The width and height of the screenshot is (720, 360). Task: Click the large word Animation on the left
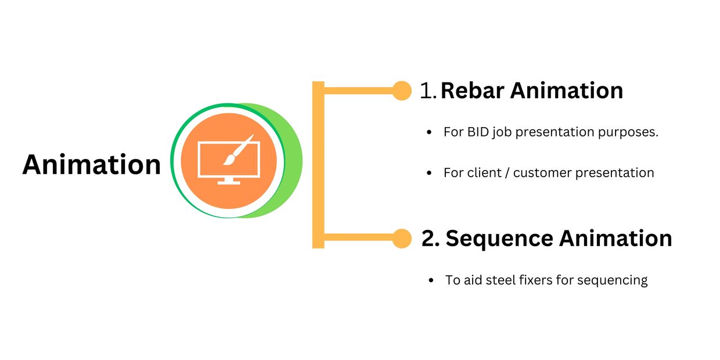point(92,164)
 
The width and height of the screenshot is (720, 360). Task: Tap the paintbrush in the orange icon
point(239,150)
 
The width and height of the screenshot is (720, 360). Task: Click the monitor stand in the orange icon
point(229,181)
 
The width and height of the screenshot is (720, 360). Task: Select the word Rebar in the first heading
point(473,91)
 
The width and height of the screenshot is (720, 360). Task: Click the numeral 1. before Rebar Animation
point(428,91)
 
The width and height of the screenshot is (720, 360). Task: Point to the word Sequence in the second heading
point(499,239)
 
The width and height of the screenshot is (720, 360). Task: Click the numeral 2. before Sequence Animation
point(430,239)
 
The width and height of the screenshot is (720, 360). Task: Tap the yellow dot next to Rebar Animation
point(402,91)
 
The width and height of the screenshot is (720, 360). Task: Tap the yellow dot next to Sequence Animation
point(402,239)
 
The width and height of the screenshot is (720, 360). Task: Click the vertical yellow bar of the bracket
point(318,165)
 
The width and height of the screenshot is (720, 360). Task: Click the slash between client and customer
point(507,173)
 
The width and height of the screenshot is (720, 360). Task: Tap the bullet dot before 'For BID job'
point(429,132)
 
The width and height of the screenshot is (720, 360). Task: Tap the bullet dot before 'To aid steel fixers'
point(431,280)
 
